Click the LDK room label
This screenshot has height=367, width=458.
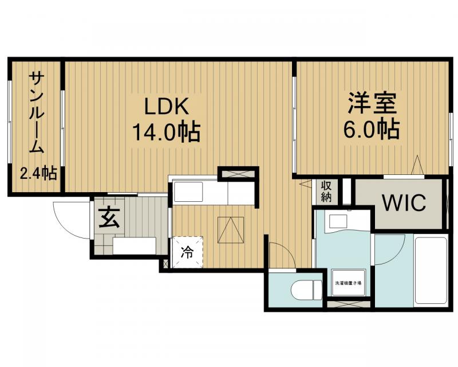click(166, 107)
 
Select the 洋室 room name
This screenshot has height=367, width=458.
click(372, 105)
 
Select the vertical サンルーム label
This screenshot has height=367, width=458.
click(35, 112)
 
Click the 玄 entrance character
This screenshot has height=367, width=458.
click(108, 218)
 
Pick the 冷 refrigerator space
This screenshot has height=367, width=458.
click(188, 251)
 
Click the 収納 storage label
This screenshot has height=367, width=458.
click(326, 192)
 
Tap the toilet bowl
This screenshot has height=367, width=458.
click(306, 290)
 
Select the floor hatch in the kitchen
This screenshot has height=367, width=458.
click(232, 231)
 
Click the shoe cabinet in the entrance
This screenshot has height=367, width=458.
click(134, 245)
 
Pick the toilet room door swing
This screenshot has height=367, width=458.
click(279, 255)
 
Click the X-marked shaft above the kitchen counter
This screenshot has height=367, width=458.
click(238, 173)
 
